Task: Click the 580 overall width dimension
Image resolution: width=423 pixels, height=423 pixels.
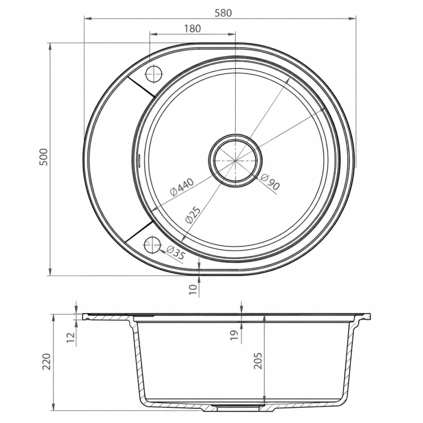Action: tap(223, 12)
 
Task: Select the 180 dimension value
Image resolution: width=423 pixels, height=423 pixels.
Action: tap(192, 28)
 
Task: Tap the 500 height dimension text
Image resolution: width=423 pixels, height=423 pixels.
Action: tap(43, 157)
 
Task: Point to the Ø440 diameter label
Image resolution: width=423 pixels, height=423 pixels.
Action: tap(182, 187)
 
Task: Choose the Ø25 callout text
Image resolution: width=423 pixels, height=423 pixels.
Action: tap(193, 215)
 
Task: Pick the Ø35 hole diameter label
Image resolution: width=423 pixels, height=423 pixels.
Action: tap(175, 253)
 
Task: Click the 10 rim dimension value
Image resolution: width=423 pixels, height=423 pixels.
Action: tap(193, 289)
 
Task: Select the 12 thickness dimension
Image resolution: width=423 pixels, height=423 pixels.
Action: tap(70, 337)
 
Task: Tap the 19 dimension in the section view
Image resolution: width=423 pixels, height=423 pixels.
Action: tap(235, 335)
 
